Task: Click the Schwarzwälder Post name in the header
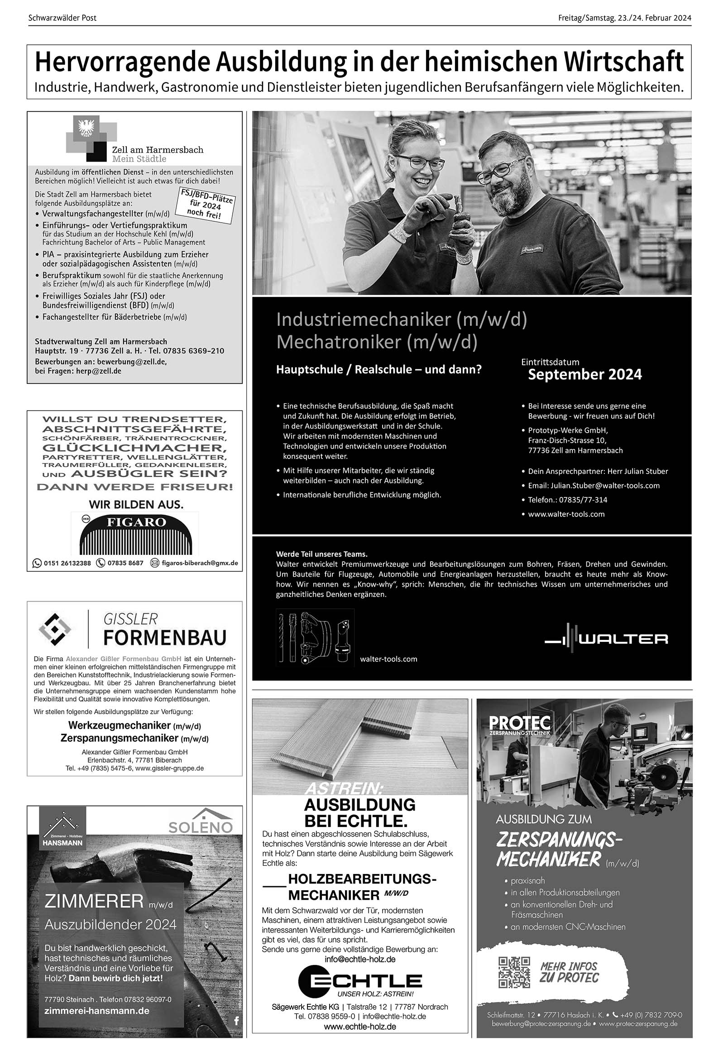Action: (x=62, y=18)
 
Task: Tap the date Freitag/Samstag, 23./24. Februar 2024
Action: (x=624, y=18)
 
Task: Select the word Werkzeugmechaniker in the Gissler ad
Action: (x=120, y=725)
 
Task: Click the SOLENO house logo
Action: (x=201, y=821)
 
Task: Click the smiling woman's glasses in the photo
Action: (x=412, y=162)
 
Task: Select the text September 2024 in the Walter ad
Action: (x=585, y=375)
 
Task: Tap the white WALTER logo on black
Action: (x=606, y=639)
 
